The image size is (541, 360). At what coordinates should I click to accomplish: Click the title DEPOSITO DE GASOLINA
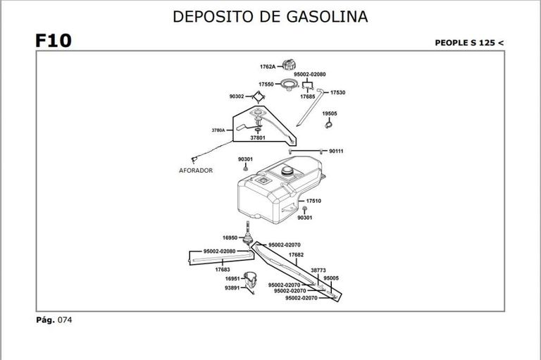click(x=270, y=16)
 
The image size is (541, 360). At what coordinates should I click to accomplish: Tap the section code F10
click(x=53, y=41)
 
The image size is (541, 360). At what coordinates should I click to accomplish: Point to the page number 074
click(x=65, y=320)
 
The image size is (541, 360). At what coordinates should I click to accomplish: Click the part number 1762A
click(x=268, y=67)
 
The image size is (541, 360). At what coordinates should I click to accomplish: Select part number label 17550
click(x=266, y=85)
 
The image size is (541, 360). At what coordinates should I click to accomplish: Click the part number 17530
click(x=337, y=92)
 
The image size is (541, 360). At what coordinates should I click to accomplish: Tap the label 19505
click(x=330, y=113)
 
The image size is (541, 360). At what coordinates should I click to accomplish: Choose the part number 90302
click(x=237, y=97)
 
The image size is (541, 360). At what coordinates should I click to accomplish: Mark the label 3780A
click(x=218, y=130)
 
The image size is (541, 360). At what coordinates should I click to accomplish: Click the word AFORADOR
click(x=196, y=170)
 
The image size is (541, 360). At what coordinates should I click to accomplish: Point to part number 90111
click(x=337, y=151)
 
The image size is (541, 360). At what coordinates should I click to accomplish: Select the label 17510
click(x=313, y=201)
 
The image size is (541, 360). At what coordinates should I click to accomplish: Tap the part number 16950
click(x=230, y=238)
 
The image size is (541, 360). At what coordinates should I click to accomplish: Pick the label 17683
click(x=223, y=269)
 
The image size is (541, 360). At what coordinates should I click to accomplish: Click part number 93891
click(x=232, y=287)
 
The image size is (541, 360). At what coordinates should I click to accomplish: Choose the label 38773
click(x=318, y=270)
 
